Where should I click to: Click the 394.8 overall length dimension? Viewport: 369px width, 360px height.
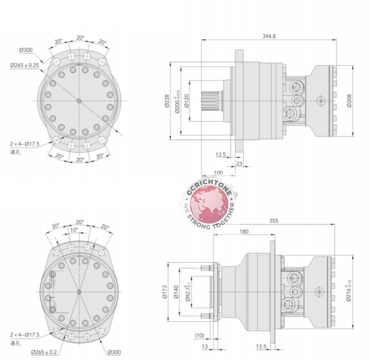coord(269,36)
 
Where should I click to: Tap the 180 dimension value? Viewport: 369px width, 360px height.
coord(244,232)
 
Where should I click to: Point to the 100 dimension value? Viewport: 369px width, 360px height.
coord(218,173)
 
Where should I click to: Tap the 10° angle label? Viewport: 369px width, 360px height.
coord(74,230)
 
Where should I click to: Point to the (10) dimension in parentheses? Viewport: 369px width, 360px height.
coord(199,335)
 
